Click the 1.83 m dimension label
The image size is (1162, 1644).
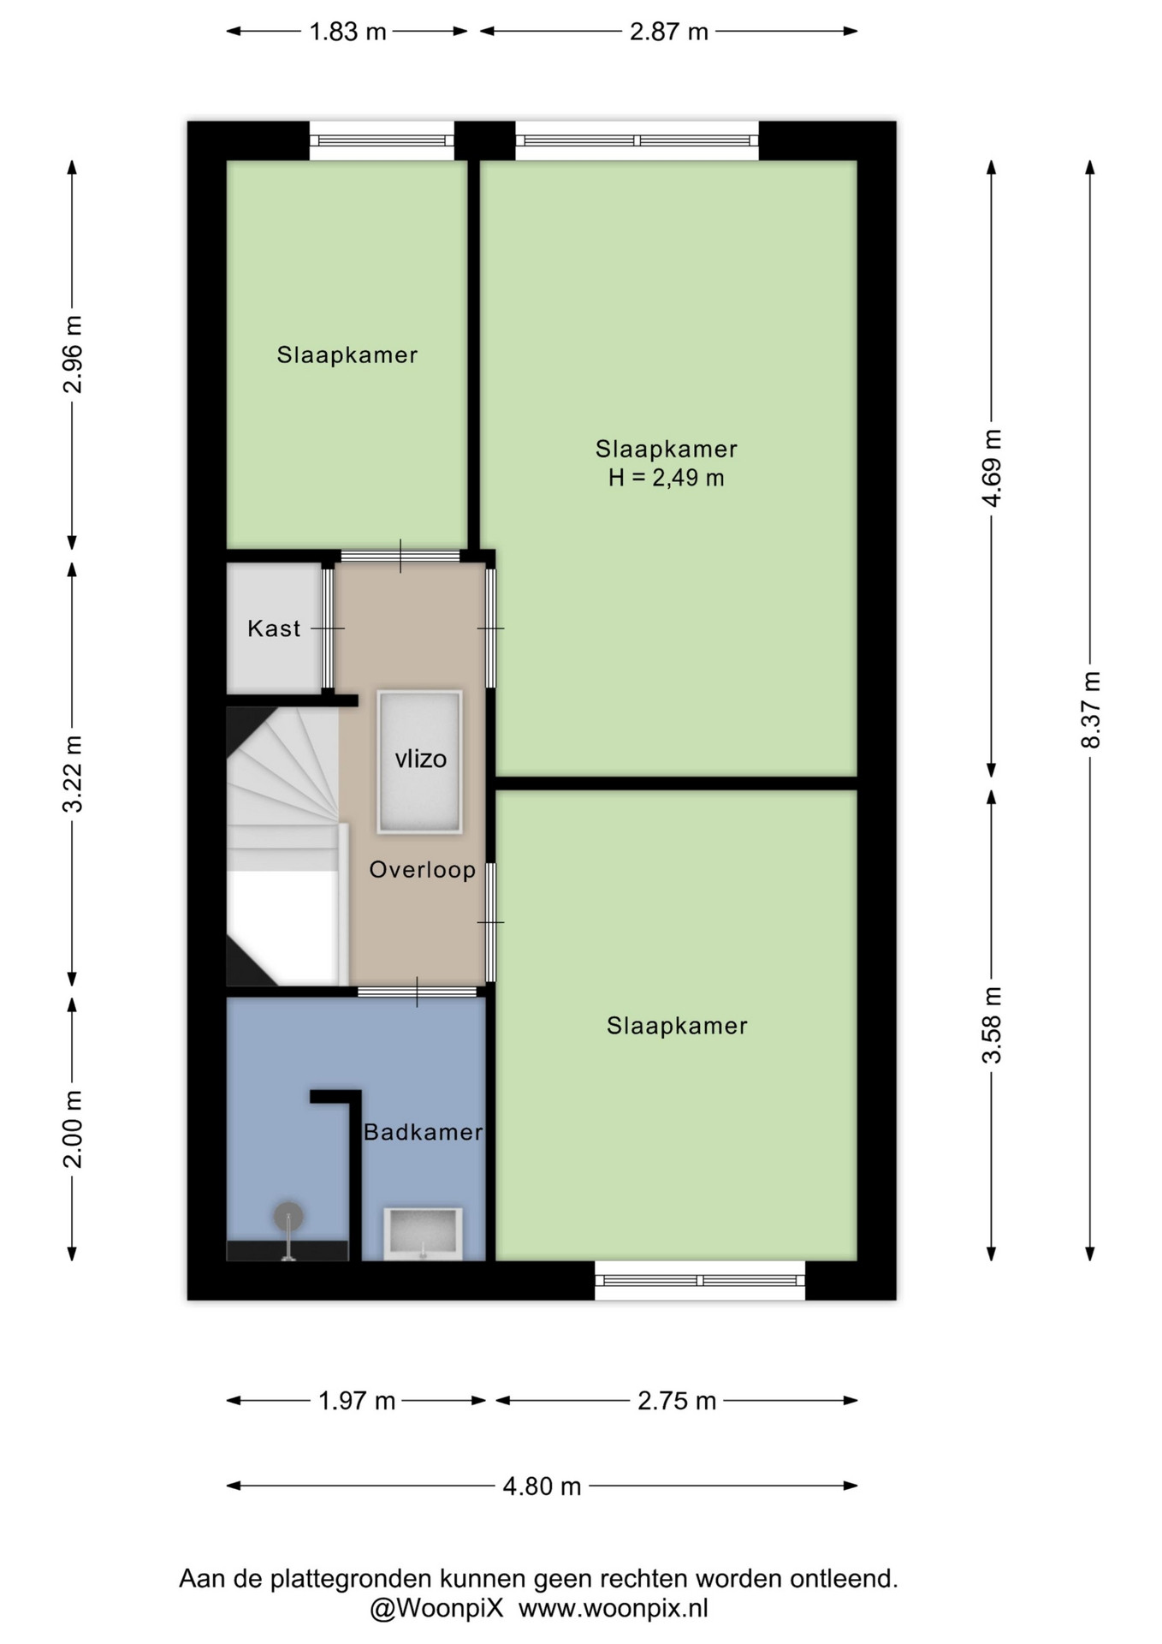(347, 32)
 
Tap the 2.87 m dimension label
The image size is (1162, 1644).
(669, 32)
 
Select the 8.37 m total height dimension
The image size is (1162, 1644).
(1090, 710)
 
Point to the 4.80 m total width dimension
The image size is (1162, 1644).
(542, 1486)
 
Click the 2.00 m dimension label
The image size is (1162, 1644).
(73, 1129)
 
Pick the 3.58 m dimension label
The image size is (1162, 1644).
(992, 1025)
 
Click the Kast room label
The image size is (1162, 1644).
(274, 628)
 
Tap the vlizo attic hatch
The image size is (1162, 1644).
(420, 762)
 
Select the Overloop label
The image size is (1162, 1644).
(423, 870)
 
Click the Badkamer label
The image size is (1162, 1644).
(424, 1132)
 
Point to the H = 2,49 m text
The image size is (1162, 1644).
(667, 478)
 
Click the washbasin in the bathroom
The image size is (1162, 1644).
(423, 1234)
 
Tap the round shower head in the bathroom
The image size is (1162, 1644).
(288, 1216)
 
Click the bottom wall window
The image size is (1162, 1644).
(700, 1280)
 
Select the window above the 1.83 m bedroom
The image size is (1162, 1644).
(382, 140)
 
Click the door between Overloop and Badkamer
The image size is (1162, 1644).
(417, 992)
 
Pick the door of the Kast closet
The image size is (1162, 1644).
(328, 628)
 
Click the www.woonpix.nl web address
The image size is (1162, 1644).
(614, 1609)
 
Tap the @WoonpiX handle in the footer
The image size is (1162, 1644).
(436, 1609)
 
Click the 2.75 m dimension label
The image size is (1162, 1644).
(677, 1401)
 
